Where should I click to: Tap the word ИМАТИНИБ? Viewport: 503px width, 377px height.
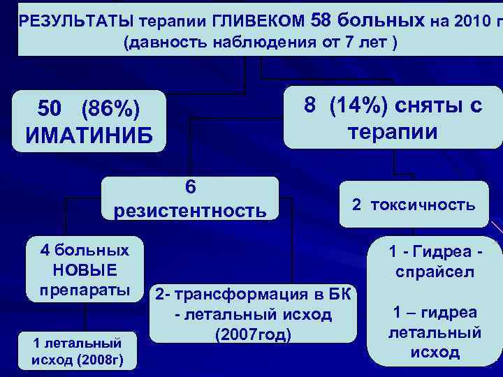(x=89, y=133)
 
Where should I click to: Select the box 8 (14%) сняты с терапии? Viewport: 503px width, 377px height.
(x=393, y=119)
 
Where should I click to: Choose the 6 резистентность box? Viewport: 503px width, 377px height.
(x=190, y=198)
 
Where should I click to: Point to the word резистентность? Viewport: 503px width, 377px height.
(x=190, y=210)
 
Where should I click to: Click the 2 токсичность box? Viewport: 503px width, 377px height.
(x=414, y=205)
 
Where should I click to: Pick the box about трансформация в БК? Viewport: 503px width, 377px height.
(x=254, y=314)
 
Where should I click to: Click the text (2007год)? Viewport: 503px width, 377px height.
(x=254, y=335)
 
